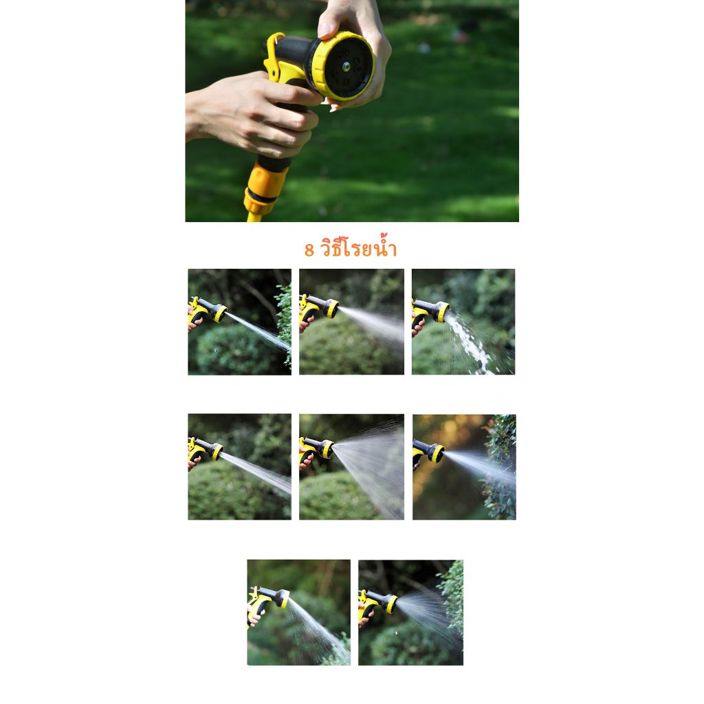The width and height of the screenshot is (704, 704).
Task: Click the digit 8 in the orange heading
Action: coord(309,250)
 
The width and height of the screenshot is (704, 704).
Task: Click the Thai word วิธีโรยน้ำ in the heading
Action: coord(358,247)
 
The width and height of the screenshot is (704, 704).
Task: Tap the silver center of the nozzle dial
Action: coord(346,67)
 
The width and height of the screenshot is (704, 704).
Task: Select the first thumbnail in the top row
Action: coord(239,322)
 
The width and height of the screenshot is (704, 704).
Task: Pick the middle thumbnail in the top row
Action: coord(351,322)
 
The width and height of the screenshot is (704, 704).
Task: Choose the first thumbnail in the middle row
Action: coord(239,467)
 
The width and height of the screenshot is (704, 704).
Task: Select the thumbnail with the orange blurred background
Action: coord(464,467)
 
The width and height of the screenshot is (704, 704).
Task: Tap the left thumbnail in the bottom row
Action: coord(298,613)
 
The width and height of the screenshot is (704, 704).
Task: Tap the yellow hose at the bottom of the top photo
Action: coord(254,217)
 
